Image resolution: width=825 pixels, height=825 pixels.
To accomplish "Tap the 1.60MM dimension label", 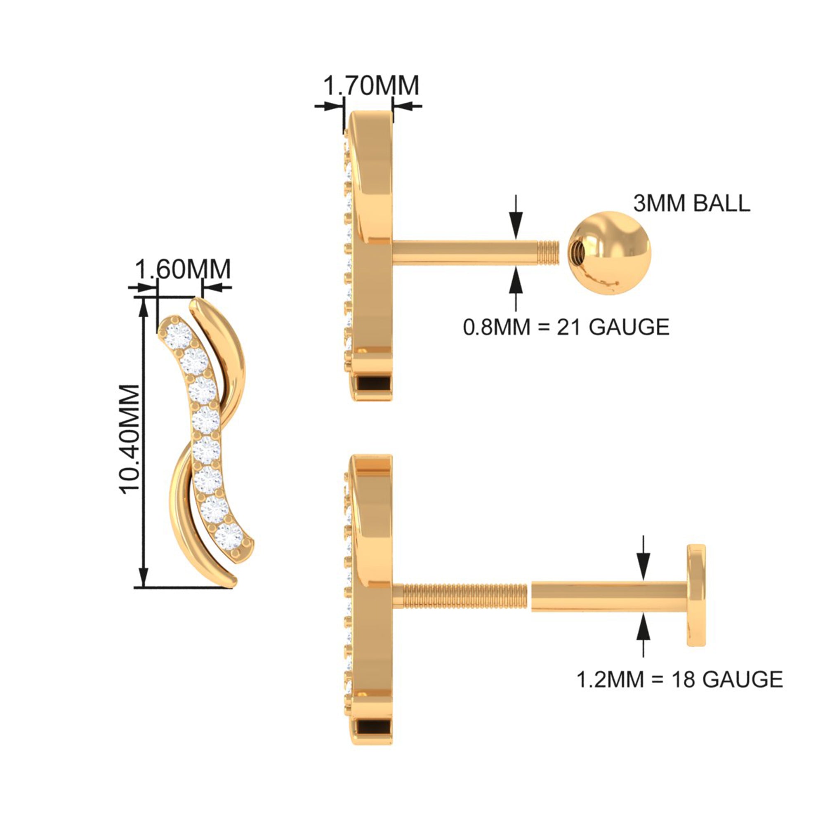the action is coord(183,269).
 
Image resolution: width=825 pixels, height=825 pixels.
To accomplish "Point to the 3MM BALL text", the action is coord(691,203).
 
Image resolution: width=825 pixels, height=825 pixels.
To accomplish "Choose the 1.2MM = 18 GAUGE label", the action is coord(680,679).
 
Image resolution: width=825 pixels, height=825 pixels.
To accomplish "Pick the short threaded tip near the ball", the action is coord(548,253).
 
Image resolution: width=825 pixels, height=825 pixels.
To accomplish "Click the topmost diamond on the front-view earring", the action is coord(179,336).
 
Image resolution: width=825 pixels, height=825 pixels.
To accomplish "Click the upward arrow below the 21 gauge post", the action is coord(516,289).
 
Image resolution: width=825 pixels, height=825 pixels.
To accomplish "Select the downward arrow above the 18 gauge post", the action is coord(643,559).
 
